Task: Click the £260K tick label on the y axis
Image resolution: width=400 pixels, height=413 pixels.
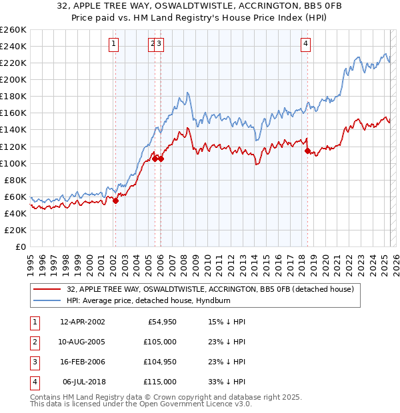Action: pyautogui.click(x=13, y=30)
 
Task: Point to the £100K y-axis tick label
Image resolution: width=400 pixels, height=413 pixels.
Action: pyautogui.click(x=13, y=163)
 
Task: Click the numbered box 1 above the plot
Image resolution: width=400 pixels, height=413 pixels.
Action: pyautogui.click(x=114, y=45)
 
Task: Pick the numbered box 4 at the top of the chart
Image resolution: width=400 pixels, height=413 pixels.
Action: pyautogui.click(x=305, y=45)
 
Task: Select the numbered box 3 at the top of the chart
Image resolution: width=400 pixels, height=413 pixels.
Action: pyautogui.click(x=161, y=45)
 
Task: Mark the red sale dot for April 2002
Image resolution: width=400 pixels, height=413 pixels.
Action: pyautogui.click(x=115, y=200)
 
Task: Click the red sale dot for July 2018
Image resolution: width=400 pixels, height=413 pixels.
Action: pyautogui.click(x=307, y=151)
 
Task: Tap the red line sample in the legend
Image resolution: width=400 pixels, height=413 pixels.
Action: pyautogui.click(x=47, y=289)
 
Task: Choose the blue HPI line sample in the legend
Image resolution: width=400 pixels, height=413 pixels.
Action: pyautogui.click(x=47, y=300)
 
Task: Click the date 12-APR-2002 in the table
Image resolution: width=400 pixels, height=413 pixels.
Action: pyautogui.click(x=82, y=322)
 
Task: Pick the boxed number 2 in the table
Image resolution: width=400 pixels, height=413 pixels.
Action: pyautogui.click(x=33, y=342)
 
